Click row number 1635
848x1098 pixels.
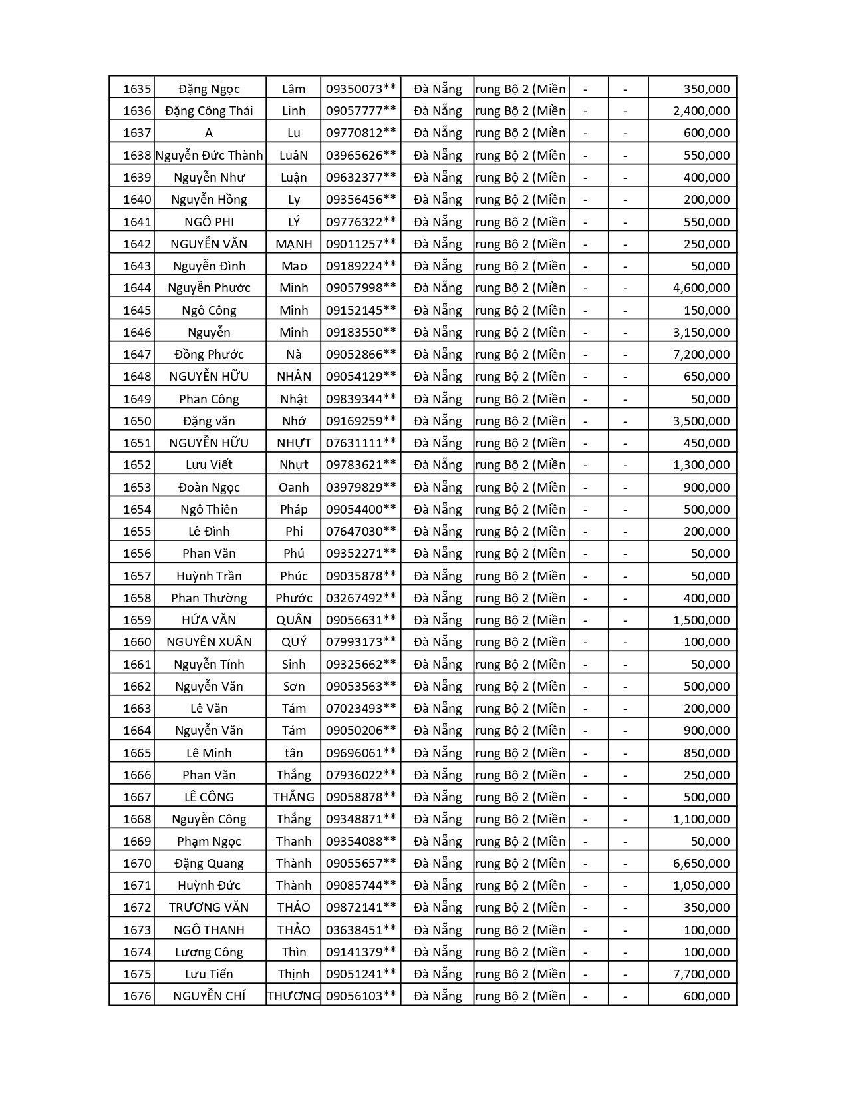click(137, 89)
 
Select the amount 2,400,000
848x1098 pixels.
click(701, 111)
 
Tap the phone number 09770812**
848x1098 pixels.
click(360, 133)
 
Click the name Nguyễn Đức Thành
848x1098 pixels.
click(209, 156)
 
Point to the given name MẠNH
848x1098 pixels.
click(293, 244)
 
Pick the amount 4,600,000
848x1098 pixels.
click(701, 288)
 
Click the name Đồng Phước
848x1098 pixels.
click(209, 355)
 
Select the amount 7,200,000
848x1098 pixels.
click(701, 355)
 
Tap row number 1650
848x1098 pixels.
click(137, 421)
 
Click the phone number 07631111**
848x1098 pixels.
click(360, 443)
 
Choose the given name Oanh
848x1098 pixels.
click(293, 488)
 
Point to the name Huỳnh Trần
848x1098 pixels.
click(209, 576)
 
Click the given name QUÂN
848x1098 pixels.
click(293, 620)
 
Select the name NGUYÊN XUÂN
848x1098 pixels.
click(209, 642)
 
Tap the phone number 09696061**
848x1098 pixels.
click(360, 753)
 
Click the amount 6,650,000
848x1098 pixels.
click(701, 864)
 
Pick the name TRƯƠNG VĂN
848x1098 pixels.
click(209, 908)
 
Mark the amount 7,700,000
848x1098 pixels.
click(701, 974)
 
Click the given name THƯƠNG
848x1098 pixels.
click(293, 996)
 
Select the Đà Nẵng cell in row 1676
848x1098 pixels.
click(437, 996)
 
